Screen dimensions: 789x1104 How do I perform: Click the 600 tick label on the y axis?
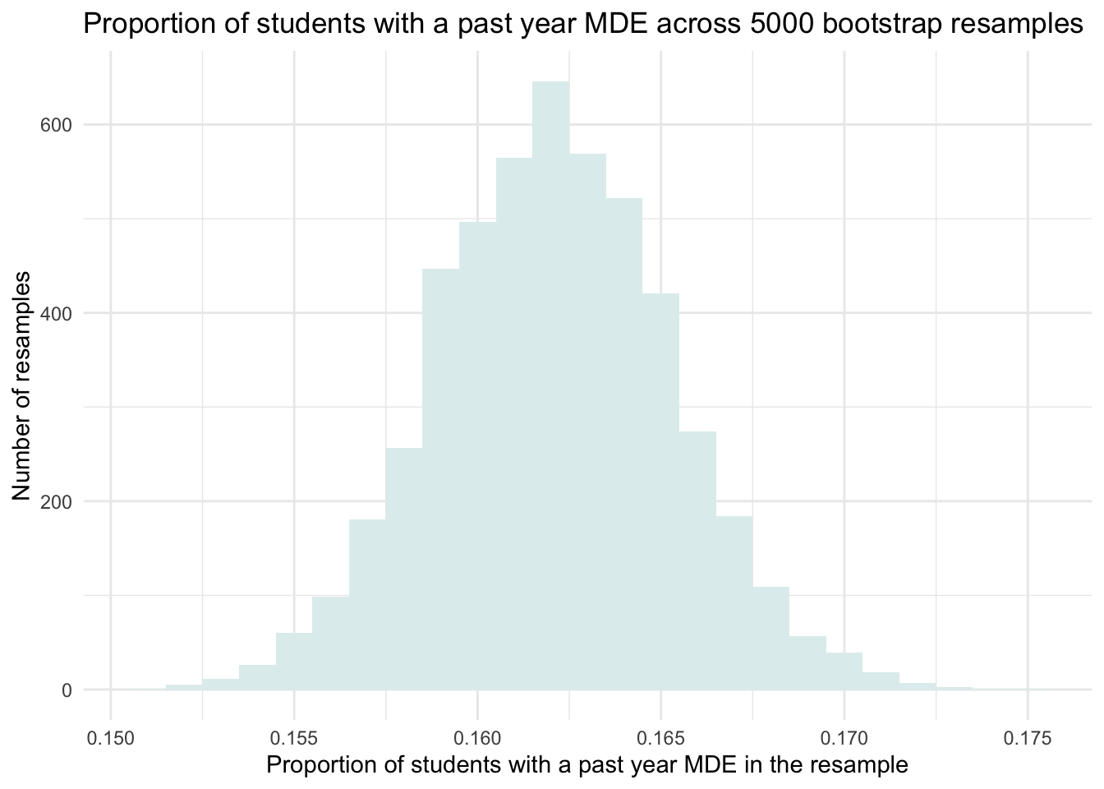coord(57,125)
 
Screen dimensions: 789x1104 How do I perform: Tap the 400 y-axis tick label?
coord(57,313)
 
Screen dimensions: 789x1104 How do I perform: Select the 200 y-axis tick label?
coord(57,501)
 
